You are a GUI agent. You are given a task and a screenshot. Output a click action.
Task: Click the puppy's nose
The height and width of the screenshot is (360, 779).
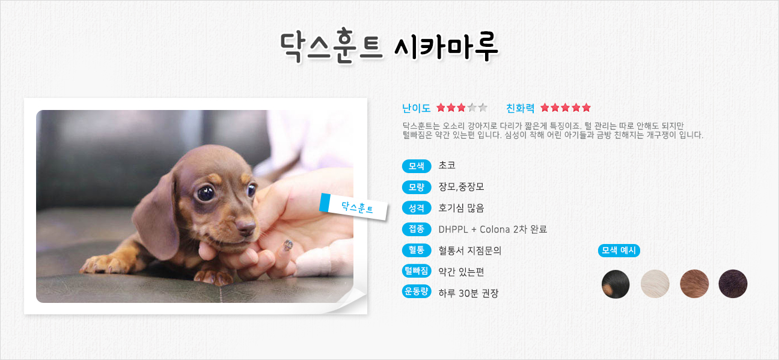(246, 227)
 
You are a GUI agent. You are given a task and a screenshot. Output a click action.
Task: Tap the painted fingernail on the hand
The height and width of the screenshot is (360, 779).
(287, 245)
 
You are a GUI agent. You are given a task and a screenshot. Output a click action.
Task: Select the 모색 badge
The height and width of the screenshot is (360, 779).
(417, 166)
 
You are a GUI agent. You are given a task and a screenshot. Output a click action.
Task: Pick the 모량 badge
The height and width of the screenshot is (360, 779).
(417, 187)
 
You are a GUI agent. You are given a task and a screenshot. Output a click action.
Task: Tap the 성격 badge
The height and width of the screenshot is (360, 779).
(417, 208)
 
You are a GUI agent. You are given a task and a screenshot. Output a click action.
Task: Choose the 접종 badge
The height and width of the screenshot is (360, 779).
(417, 229)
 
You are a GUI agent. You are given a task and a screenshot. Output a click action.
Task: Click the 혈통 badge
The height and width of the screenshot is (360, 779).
(417, 250)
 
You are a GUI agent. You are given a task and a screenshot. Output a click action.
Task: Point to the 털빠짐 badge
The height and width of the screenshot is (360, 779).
(417, 270)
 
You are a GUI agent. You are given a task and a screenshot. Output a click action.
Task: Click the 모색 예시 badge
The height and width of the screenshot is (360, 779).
(619, 251)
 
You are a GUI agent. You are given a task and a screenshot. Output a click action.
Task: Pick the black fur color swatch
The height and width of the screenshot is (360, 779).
(616, 284)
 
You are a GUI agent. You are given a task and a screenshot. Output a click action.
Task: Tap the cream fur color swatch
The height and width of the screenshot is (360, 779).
(655, 284)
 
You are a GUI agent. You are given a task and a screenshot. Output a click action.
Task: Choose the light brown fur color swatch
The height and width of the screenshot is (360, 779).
(694, 284)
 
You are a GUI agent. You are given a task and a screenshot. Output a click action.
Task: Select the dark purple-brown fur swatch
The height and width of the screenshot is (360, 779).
(733, 284)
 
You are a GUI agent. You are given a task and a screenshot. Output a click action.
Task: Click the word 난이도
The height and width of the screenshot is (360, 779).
(417, 108)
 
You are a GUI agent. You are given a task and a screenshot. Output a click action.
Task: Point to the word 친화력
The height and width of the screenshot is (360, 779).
(521, 108)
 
